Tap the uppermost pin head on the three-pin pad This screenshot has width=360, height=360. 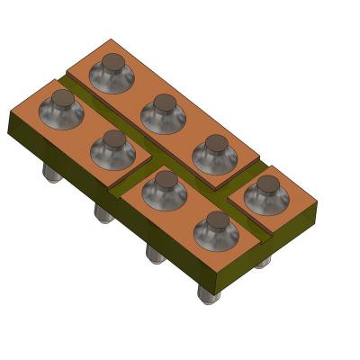[x=112, y=63]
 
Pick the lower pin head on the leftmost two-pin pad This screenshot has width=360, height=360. [x=113, y=139]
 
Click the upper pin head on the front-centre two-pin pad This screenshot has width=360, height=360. [x=165, y=179]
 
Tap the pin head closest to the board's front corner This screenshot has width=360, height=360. [x=214, y=221]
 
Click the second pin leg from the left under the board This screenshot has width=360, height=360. [x=103, y=212]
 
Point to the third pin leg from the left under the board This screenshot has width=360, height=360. [x=154, y=254]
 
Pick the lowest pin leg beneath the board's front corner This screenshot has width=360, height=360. [x=209, y=293]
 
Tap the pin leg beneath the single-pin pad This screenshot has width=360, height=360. [x=262, y=262]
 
